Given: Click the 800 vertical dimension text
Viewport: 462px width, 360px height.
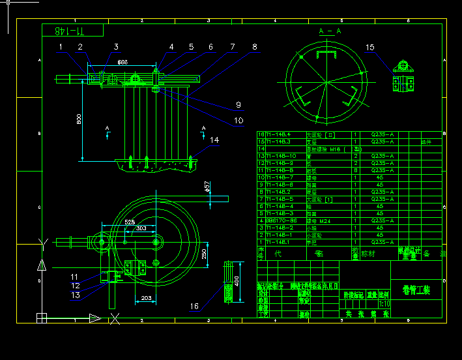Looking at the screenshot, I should pos(78,119).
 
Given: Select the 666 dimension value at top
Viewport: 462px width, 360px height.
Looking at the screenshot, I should pos(122,62).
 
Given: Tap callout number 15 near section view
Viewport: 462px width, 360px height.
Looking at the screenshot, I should pos(370,47).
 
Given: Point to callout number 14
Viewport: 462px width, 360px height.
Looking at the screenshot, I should pos(214,140).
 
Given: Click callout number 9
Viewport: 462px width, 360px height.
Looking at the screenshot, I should pos(238,104).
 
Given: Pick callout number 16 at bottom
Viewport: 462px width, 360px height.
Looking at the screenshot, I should pos(194,306).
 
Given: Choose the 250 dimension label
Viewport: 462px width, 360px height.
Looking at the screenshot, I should pos(203,253).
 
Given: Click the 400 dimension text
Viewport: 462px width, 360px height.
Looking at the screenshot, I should pos(237,281).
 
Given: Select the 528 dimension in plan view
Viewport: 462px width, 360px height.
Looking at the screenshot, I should pos(130,222).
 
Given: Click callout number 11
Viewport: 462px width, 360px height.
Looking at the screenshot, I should pos(74,277).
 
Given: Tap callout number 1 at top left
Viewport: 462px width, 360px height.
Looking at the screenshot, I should pos(61,47).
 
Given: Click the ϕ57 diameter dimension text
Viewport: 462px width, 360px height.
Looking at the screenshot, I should pos(207,187).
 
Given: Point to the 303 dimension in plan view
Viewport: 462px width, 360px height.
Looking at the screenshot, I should pos(141,229).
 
